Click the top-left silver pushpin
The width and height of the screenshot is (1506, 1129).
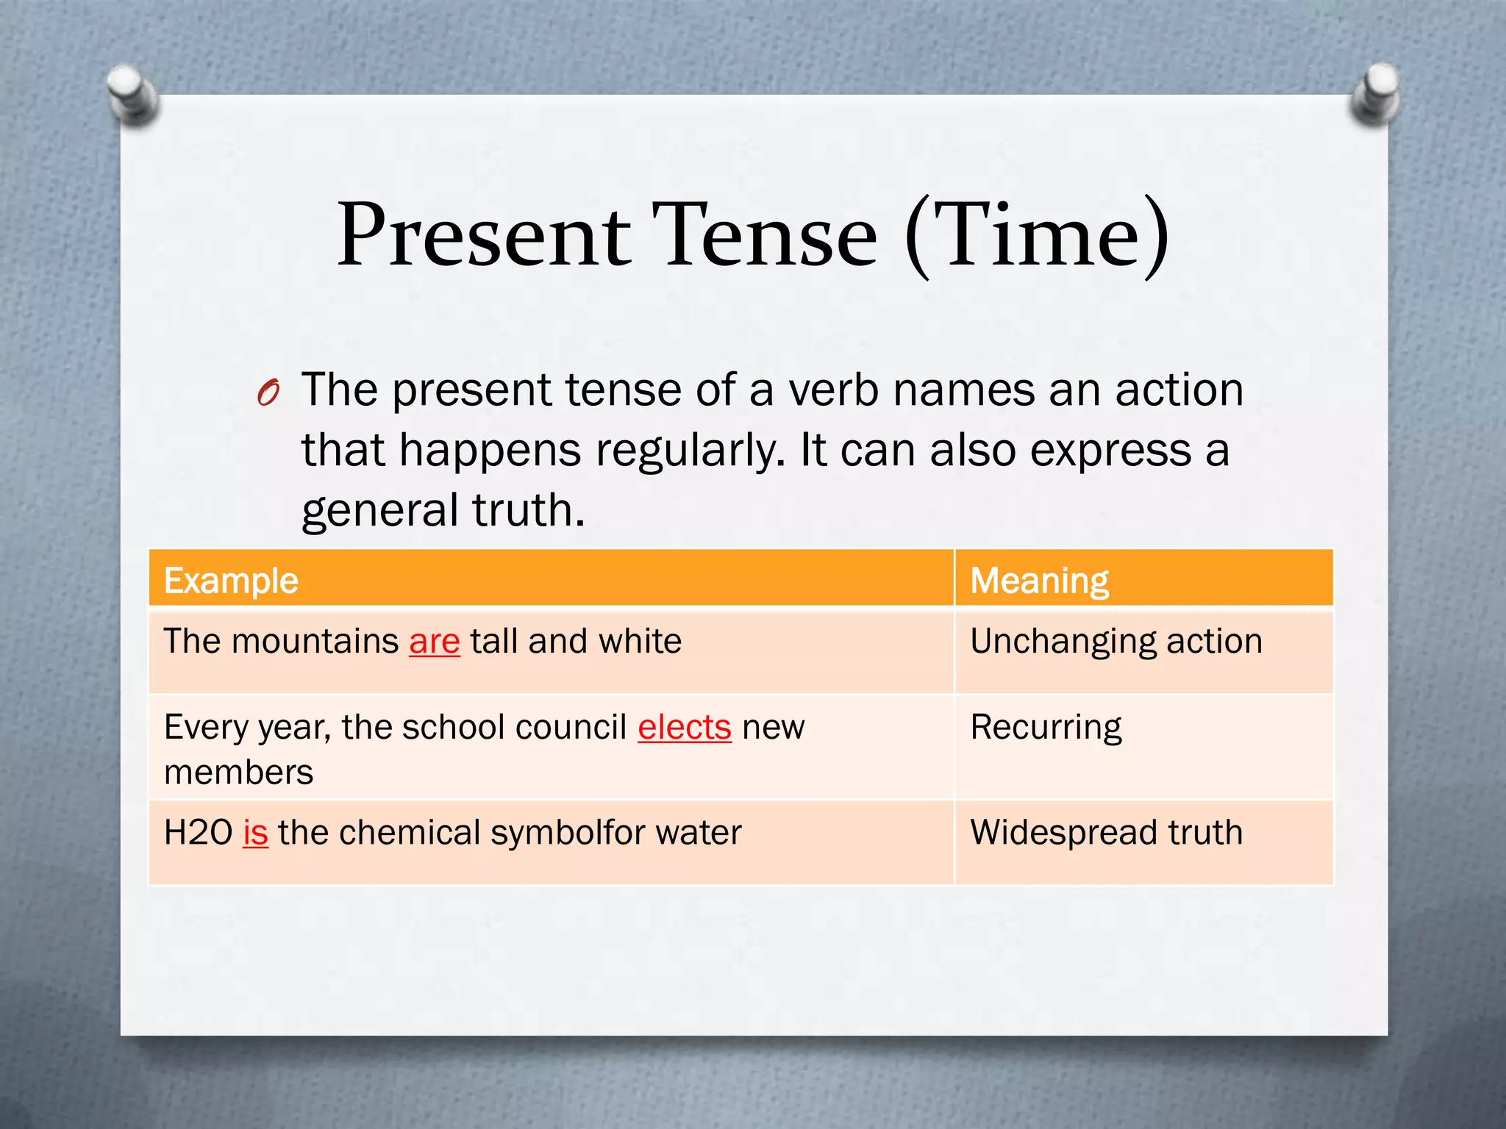(x=132, y=93)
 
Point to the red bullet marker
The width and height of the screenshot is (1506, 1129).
(x=268, y=393)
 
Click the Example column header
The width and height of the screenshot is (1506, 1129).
(x=231, y=581)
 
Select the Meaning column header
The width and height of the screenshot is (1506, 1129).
(x=1039, y=581)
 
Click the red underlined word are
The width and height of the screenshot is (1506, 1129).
(x=435, y=642)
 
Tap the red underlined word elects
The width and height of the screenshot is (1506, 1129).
(x=685, y=728)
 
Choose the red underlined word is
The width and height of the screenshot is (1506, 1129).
(x=256, y=833)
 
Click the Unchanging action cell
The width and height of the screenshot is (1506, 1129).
(x=1116, y=642)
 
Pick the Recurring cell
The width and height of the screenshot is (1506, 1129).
(x=1046, y=728)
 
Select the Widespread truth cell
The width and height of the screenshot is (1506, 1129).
(x=1106, y=833)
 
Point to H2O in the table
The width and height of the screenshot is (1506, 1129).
(x=198, y=833)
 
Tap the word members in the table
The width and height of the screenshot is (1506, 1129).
(x=239, y=773)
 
